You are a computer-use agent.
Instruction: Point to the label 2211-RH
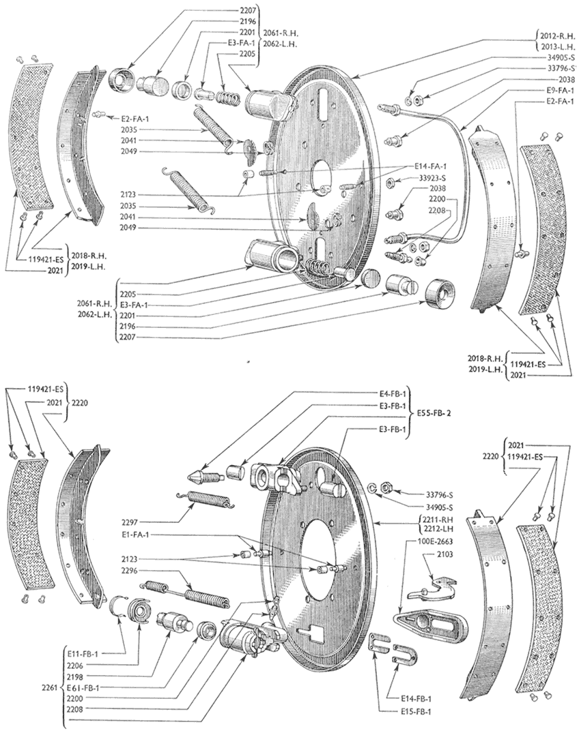(431, 518)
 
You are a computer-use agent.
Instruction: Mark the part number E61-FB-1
(84, 688)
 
